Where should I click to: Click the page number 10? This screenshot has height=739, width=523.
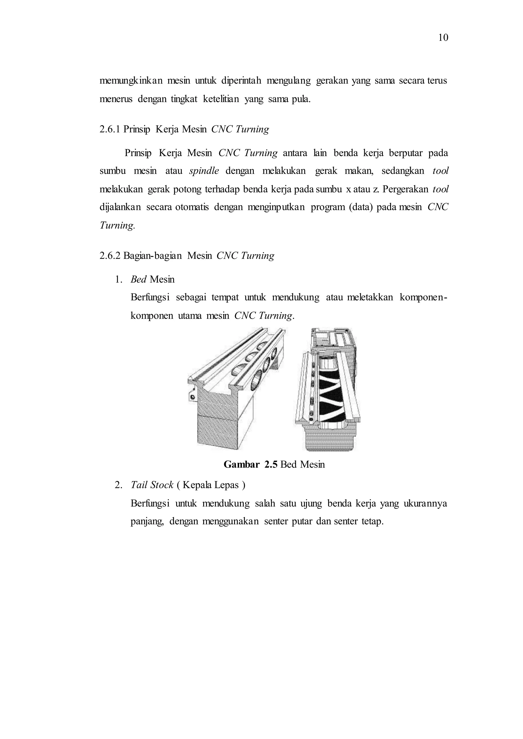(443, 38)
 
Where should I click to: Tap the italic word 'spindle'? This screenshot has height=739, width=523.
(204, 171)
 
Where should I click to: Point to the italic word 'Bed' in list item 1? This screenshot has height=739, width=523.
(138, 279)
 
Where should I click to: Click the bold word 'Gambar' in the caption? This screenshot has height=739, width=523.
(241, 464)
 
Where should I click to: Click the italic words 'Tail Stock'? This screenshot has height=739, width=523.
(152, 485)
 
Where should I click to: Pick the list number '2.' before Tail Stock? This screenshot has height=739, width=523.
(118, 485)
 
